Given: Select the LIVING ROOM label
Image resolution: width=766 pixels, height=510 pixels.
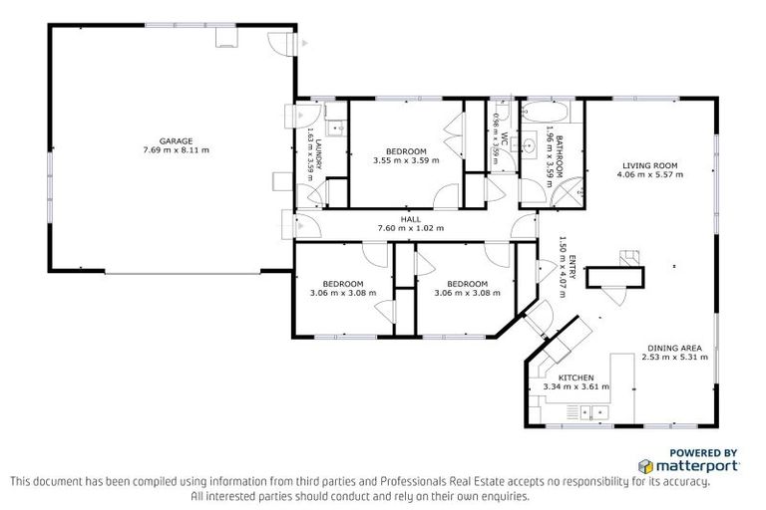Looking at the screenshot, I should coord(649,165).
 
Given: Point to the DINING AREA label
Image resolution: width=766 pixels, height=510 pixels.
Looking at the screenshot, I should coord(671,348).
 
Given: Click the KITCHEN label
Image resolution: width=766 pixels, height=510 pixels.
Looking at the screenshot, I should coord(575,378).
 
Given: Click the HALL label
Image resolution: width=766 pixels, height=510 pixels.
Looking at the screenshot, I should coord(410,219).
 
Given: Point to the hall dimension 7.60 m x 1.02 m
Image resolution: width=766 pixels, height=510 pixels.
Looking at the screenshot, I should coord(410,229).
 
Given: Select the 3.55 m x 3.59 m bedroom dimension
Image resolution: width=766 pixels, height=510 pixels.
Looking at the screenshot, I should coord(406,160).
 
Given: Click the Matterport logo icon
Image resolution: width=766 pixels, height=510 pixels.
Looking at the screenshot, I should coord(646,465).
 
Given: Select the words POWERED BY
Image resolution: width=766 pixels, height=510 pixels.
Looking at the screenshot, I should coord(703,451).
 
